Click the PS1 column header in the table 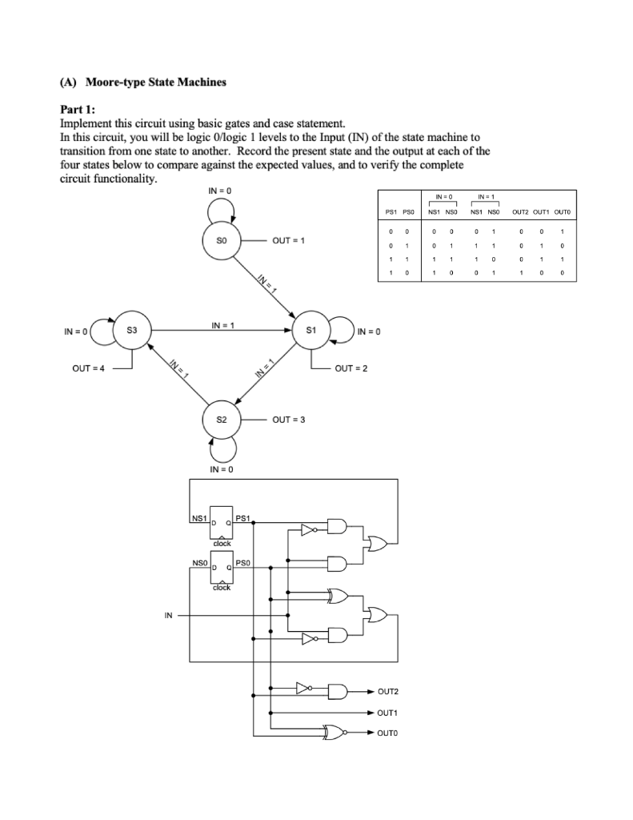[390, 211]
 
